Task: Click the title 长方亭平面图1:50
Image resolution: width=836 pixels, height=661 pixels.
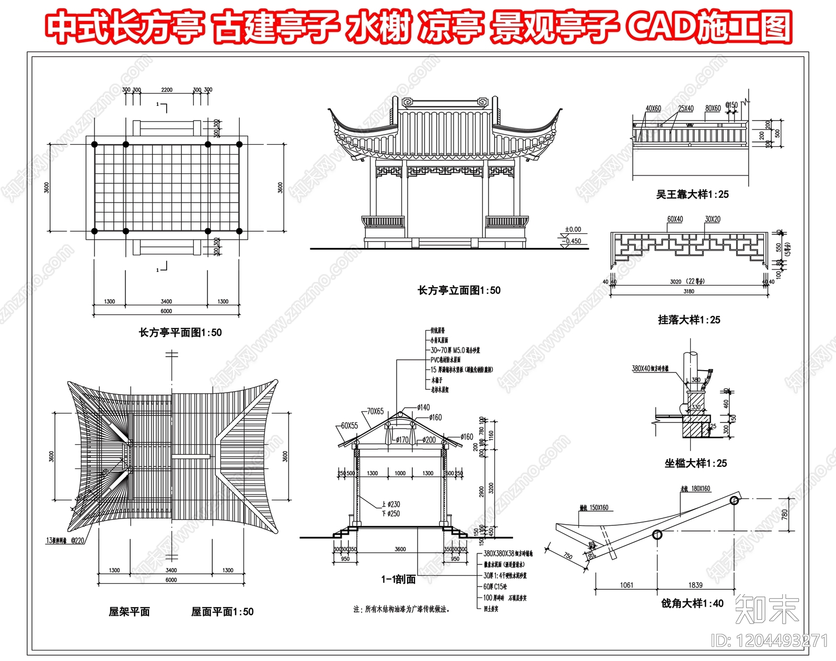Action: click(x=180, y=333)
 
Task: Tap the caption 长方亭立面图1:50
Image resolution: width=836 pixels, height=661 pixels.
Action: click(x=459, y=290)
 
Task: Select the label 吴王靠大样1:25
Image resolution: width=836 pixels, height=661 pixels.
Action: click(x=692, y=194)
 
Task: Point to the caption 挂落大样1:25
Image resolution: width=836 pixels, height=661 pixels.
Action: click(x=689, y=320)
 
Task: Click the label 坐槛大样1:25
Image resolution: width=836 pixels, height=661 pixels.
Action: click(x=695, y=463)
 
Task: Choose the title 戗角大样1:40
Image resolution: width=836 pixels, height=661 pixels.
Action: click(x=692, y=603)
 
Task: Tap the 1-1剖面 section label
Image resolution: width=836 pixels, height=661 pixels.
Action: click(x=398, y=579)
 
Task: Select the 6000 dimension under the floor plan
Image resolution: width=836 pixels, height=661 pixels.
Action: click(x=166, y=311)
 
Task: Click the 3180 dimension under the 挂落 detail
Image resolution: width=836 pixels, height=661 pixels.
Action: click(x=689, y=291)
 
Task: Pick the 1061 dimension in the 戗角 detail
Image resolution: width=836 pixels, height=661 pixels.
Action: click(x=626, y=585)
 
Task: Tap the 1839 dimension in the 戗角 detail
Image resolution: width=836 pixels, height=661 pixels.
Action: click(x=695, y=585)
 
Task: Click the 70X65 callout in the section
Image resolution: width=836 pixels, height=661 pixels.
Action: click(x=375, y=411)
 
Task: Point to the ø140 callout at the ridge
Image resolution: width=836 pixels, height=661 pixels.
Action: click(x=424, y=407)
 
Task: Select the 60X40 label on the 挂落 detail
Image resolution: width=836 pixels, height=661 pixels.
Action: click(x=675, y=219)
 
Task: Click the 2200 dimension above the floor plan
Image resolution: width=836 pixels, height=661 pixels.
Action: click(x=167, y=90)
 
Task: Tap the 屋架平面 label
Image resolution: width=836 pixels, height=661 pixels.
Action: click(x=129, y=611)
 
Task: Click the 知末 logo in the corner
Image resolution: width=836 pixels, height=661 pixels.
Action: click(x=767, y=609)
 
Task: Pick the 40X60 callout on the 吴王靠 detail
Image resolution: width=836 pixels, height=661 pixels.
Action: click(x=653, y=109)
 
